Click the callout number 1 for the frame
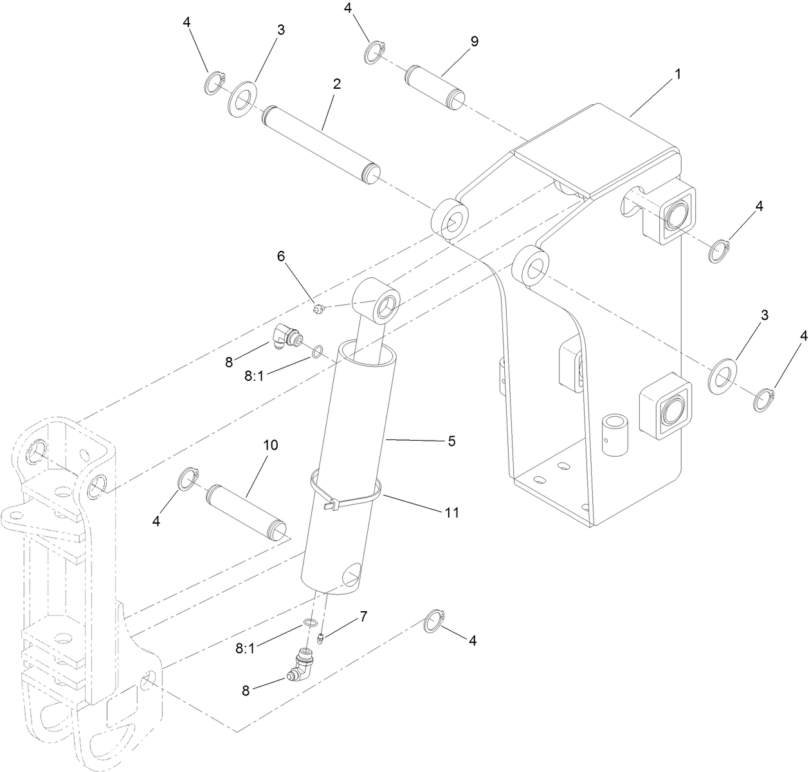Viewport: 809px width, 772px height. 677,74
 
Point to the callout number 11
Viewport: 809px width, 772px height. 451,512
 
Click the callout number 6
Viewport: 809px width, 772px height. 280,256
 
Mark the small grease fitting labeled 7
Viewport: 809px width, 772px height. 322,639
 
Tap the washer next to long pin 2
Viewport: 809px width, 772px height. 242,100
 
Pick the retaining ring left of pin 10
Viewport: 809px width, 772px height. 187,479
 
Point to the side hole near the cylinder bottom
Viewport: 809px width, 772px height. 352,575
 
